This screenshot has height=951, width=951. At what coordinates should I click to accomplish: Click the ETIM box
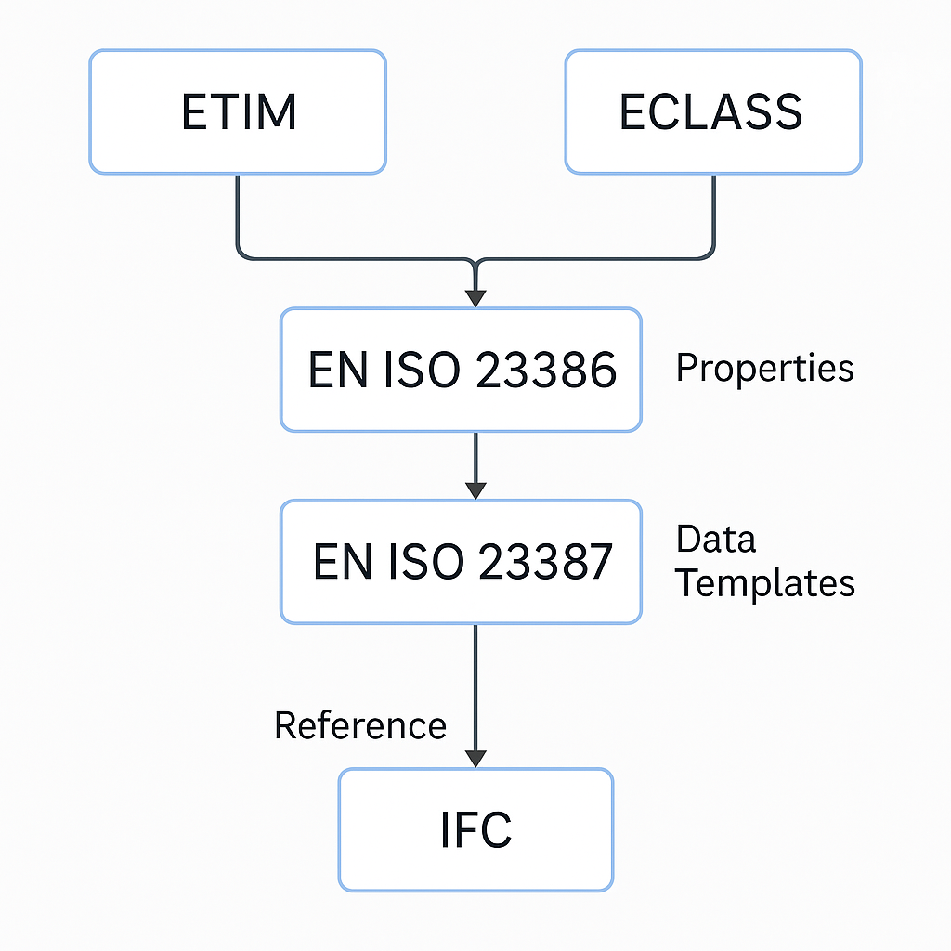(238, 111)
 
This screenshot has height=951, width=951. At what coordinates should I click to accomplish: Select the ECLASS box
(712, 111)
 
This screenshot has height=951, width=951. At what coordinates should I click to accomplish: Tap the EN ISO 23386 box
(461, 370)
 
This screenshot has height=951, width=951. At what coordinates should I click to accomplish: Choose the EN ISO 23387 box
(461, 561)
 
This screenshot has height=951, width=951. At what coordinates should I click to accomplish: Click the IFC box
(475, 829)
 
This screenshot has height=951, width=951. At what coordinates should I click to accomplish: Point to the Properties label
(764, 369)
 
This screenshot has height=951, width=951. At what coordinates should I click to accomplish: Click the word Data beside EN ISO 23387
(716, 540)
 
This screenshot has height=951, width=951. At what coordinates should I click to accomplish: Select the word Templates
(764, 582)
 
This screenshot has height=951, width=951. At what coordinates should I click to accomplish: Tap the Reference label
(360, 725)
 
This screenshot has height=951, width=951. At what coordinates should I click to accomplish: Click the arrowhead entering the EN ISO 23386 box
(475, 298)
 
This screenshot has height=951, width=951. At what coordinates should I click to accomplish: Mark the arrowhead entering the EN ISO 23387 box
(475, 489)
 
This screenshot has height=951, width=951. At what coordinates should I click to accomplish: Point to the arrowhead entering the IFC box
(475, 758)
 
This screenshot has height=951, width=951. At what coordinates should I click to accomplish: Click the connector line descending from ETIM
(238, 214)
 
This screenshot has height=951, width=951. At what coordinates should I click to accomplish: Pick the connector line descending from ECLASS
(714, 214)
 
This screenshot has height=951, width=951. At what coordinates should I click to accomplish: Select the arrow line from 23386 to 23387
(475, 460)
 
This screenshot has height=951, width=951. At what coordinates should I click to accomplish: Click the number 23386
(546, 371)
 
